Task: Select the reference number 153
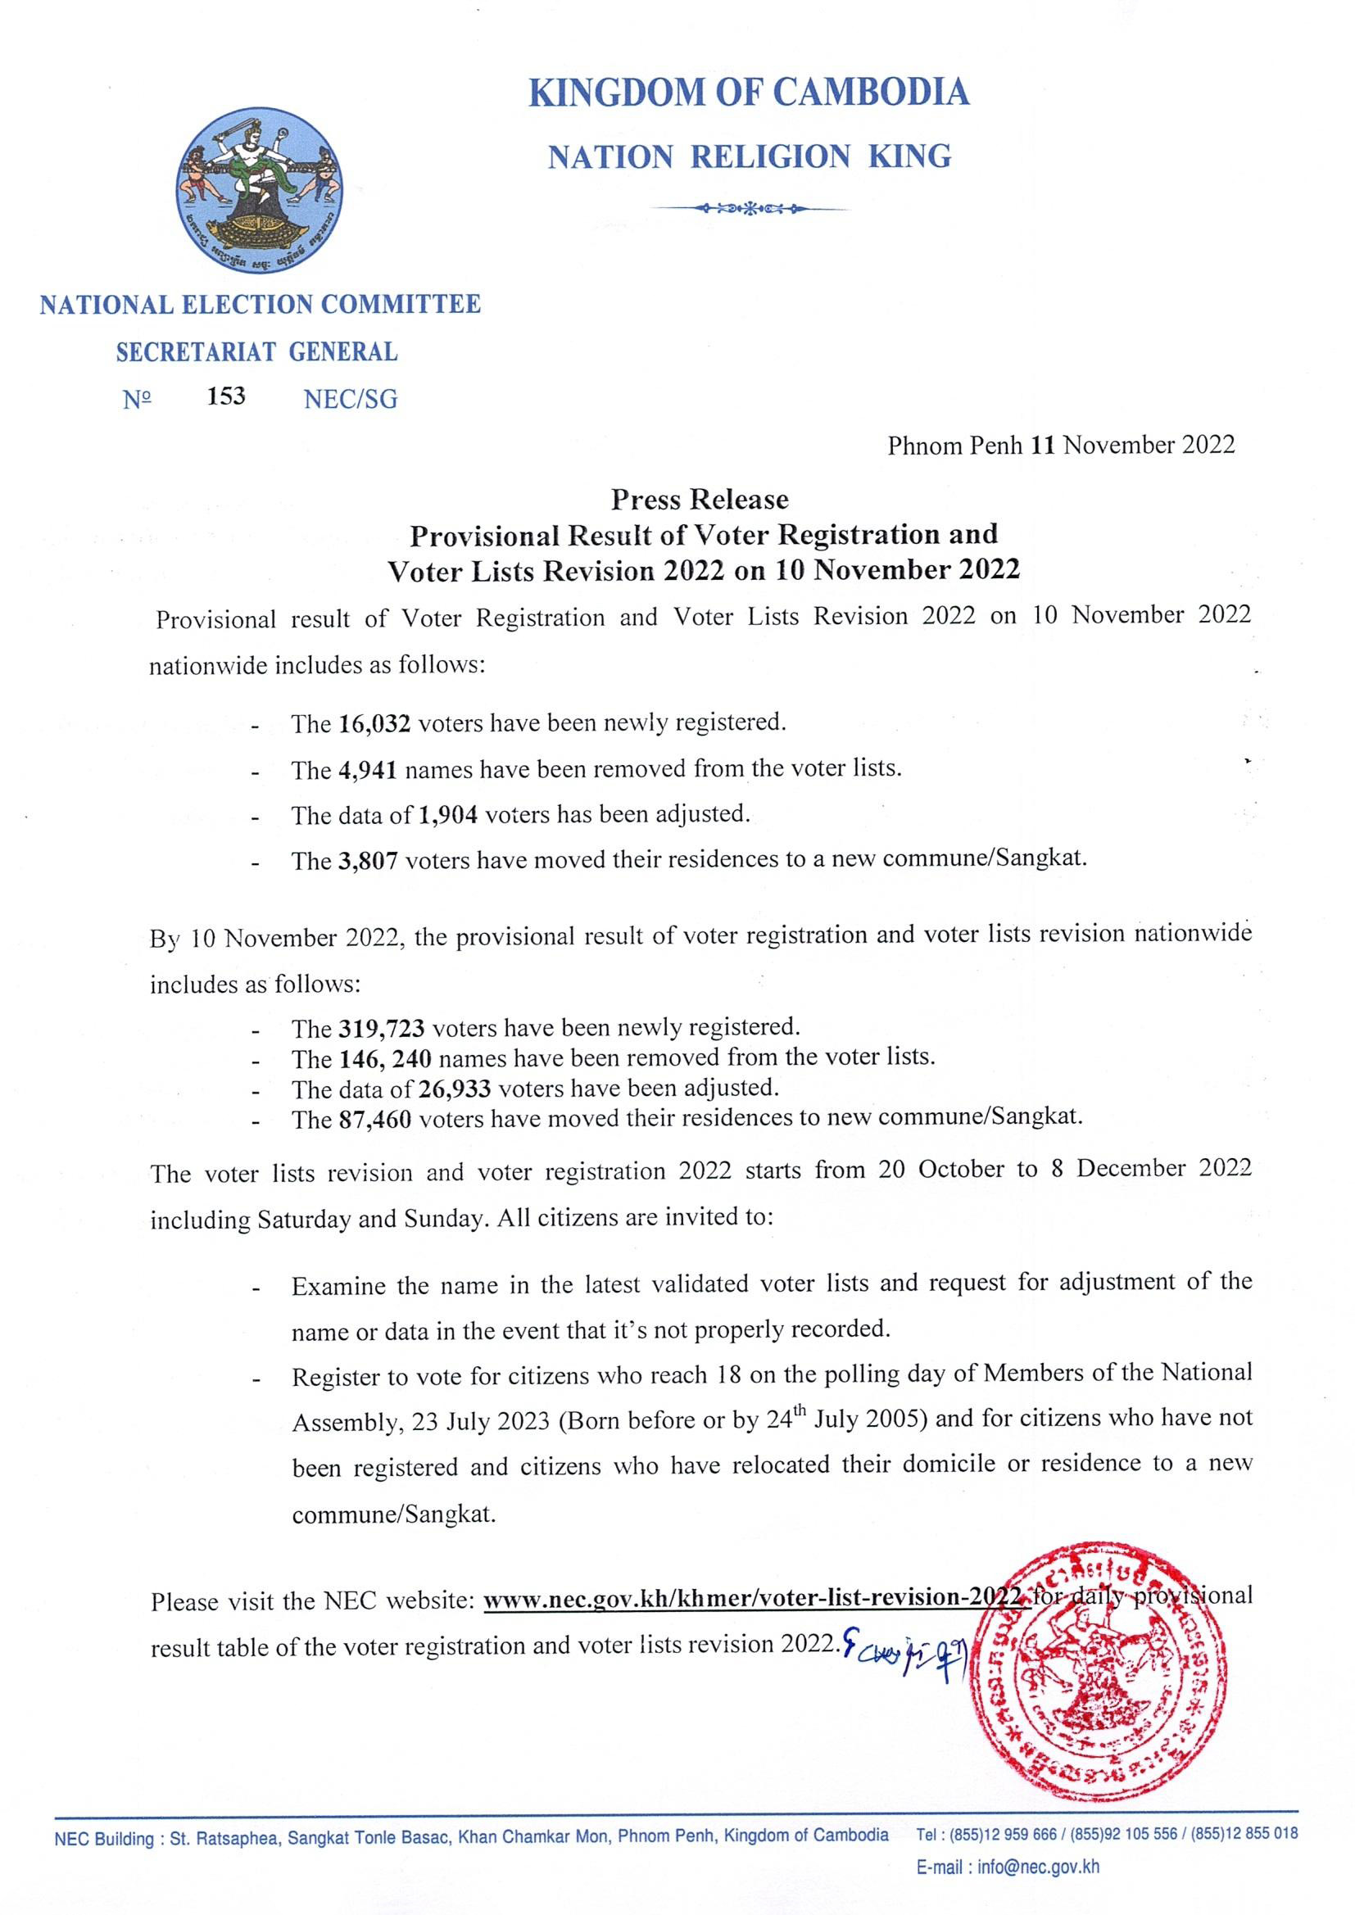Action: click(226, 396)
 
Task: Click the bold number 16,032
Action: click(374, 724)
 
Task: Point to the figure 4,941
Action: click(368, 770)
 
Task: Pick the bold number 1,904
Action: click(447, 815)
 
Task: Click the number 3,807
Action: click(369, 861)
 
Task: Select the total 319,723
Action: click(382, 1029)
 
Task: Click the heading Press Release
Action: click(699, 500)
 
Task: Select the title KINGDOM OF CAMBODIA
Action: click(749, 92)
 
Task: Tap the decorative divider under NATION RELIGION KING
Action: click(749, 207)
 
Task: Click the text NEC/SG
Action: click(351, 400)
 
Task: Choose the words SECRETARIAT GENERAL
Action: click(257, 352)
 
